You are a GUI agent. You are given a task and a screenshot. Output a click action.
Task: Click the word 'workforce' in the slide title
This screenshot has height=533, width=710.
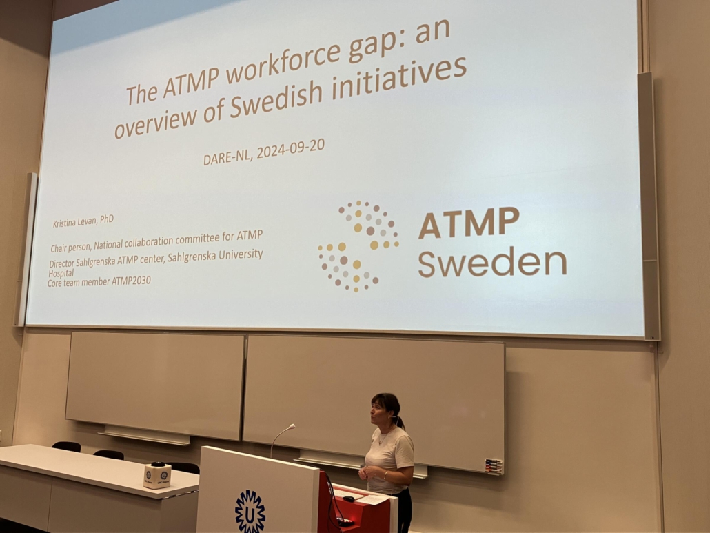[x=301, y=59]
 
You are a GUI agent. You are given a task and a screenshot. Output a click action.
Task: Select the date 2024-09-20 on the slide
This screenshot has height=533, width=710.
[x=291, y=149]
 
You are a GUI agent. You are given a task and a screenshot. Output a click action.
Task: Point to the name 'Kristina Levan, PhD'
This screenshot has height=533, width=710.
[x=83, y=221]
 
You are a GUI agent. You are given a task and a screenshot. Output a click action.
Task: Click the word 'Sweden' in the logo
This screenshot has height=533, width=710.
[x=492, y=262]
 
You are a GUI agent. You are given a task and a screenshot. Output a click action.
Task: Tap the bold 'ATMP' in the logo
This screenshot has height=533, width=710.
[x=469, y=223]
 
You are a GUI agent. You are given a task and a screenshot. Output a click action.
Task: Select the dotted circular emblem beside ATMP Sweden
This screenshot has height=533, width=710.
[x=358, y=246]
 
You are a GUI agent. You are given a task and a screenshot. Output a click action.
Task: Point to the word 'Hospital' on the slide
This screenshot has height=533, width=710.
[x=61, y=273]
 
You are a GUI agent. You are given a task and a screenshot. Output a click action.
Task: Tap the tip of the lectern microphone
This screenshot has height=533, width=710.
[x=293, y=425]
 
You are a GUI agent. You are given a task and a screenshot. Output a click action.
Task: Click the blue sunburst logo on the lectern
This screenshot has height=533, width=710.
[x=250, y=511]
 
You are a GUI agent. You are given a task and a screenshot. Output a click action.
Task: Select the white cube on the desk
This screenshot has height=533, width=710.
[x=157, y=476]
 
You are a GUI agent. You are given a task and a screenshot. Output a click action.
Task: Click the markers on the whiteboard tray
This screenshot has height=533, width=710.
[x=493, y=465]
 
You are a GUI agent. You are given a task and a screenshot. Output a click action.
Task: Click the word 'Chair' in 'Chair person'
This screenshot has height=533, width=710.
[x=59, y=248]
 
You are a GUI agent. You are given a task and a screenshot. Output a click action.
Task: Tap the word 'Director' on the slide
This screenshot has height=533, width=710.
[x=61, y=263]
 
